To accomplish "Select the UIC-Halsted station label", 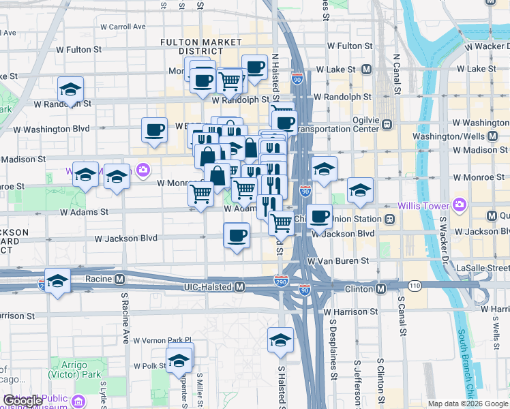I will pyautogui.click(x=209, y=288).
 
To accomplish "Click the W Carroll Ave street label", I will pyautogui.click(x=123, y=27).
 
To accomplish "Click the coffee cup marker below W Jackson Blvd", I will pyautogui.click(x=237, y=237).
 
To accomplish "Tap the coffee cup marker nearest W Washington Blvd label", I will pyautogui.click(x=154, y=130).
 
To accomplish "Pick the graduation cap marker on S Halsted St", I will pyautogui.click(x=280, y=339).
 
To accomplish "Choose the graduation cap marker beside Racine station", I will pyautogui.click(x=57, y=281).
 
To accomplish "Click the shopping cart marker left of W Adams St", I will pyautogui.click(x=200, y=194).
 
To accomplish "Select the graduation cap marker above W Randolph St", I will pyautogui.click(x=70, y=89).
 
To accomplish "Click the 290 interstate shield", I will pyautogui.click(x=281, y=281).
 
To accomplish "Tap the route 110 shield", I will pyautogui.click(x=415, y=286).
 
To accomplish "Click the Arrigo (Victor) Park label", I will pyautogui.click(x=67, y=369).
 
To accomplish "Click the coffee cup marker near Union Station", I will pyautogui.click(x=318, y=217).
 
